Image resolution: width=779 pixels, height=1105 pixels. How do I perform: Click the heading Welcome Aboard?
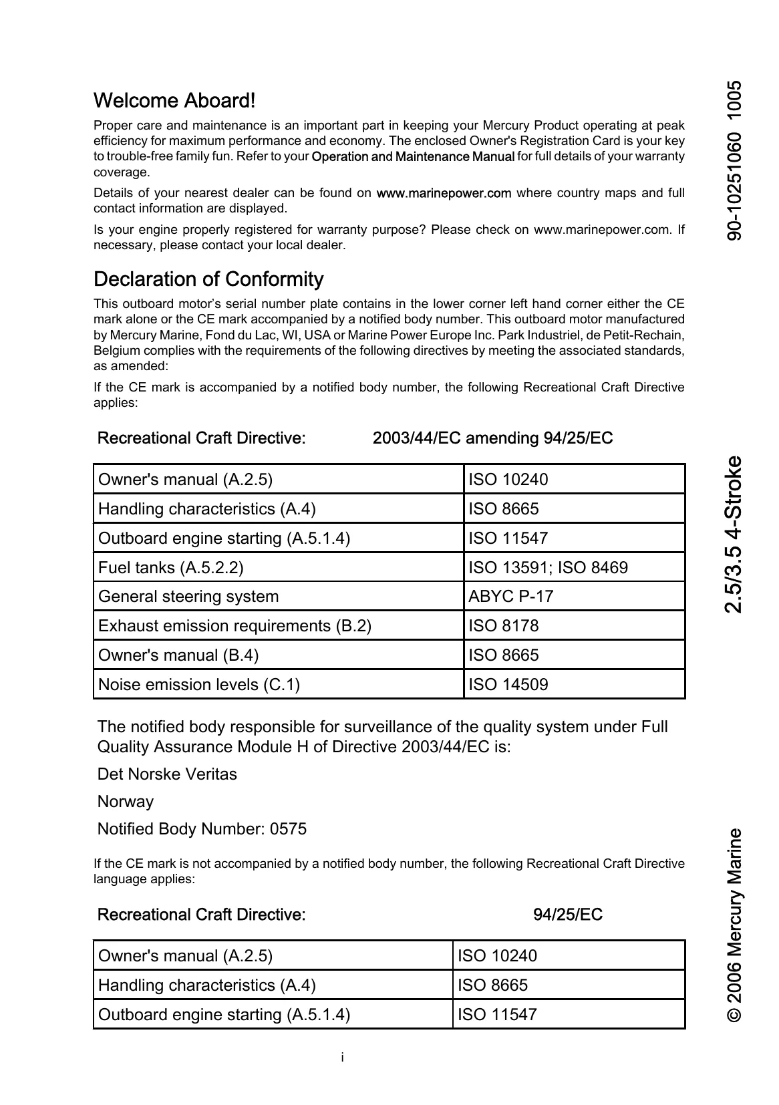pyautogui.click(x=174, y=101)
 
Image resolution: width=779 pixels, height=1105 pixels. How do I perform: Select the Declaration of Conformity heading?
pyautogui.click(x=208, y=279)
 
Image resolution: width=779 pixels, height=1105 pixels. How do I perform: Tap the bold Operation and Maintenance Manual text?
pyautogui.click(x=413, y=157)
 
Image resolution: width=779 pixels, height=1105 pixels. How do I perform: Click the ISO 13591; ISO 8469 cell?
pyautogui.click(x=548, y=568)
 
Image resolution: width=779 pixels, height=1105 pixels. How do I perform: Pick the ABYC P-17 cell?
pyautogui.click(x=511, y=597)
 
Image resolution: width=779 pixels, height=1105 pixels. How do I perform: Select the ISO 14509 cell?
pyautogui.click(x=508, y=685)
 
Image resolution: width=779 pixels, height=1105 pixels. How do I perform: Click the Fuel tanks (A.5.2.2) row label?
pyautogui.click(x=171, y=568)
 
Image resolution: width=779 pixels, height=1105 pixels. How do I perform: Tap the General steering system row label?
pyautogui.click(x=188, y=597)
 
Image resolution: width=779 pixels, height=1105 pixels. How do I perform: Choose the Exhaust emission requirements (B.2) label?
pyautogui.click(x=235, y=626)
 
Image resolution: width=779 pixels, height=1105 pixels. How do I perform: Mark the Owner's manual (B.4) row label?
pyautogui.click(x=178, y=655)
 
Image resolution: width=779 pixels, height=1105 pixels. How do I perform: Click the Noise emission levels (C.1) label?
pyautogui.click(x=199, y=685)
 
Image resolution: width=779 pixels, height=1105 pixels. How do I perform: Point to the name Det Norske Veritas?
pyautogui.click(x=167, y=774)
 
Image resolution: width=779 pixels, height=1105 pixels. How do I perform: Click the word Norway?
pyautogui.click(x=126, y=802)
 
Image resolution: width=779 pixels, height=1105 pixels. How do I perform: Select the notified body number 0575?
pyautogui.click(x=288, y=829)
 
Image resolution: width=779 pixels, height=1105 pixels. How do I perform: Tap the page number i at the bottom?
pyautogui.click(x=342, y=1058)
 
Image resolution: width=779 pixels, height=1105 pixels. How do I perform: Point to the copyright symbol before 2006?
pyautogui.click(x=734, y=1014)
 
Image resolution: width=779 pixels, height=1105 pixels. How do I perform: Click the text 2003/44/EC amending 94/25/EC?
pyautogui.click(x=492, y=438)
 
